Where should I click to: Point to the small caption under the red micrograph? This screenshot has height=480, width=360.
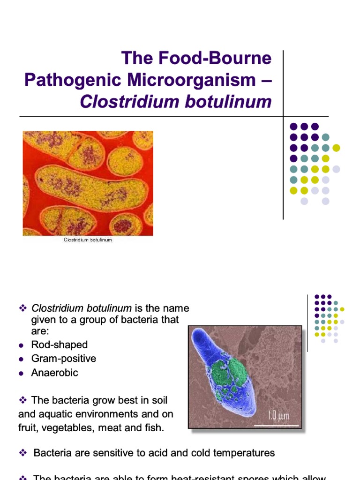tap(88, 240)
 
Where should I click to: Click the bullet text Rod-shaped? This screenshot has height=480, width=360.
tap(60, 345)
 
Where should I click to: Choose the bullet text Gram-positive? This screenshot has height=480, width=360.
tap(64, 359)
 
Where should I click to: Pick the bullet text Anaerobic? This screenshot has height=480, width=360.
tap(55, 373)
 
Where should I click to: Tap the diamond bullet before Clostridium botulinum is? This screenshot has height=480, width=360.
tap(22, 308)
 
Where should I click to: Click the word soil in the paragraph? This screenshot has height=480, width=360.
tap(157, 401)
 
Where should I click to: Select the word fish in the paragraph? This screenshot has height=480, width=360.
tap(155, 428)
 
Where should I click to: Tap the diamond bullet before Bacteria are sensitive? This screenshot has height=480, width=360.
tap(22, 453)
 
